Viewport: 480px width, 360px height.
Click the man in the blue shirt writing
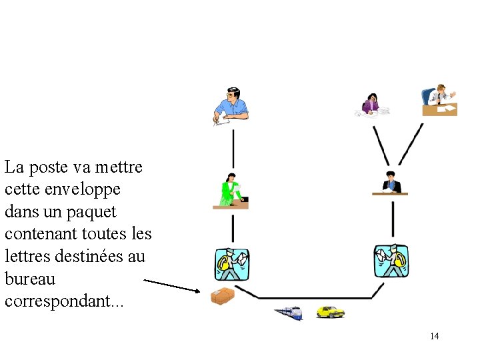pyautogui.click(x=231, y=106)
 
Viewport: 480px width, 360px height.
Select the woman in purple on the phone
pyautogui.click(x=371, y=103)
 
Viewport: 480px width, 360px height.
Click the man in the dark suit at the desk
pyautogui.click(x=390, y=183)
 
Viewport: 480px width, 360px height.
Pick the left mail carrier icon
pyautogui.click(x=231, y=264)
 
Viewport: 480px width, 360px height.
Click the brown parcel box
pyautogui.click(x=222, y=295)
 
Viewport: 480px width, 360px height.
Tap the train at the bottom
pyautogui.click(x=288, y=312)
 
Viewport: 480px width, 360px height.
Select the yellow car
pyautogui.click(x=330, y=311)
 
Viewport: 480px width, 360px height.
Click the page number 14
pyautogui.click(x=435, y=336)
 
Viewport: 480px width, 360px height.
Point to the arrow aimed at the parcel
pyautogui.click(x=171, y=286)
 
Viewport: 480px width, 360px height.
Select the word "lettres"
pyautogui.click(x=25, y=257)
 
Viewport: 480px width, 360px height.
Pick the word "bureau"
pyautogui.click(x=29, y=279)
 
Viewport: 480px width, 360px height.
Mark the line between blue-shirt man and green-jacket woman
pyautogui.click(x=233, y=148)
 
